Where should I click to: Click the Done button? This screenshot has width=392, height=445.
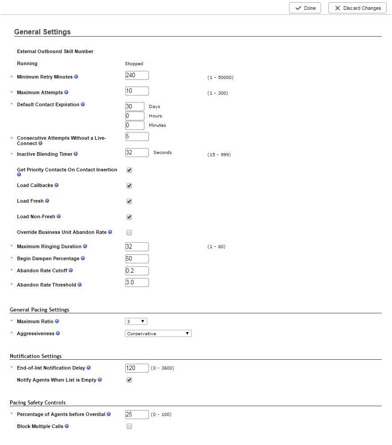(305, 8)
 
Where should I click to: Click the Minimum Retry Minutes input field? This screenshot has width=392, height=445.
(137, 75)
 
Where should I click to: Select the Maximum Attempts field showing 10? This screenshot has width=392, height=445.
(137, 91)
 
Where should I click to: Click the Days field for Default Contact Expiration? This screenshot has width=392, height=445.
(135, 107)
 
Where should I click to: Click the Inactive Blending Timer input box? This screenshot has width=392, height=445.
(137, 153)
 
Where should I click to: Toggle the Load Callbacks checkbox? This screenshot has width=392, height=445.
(129, 186)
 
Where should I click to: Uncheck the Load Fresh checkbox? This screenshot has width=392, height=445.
(129, 201)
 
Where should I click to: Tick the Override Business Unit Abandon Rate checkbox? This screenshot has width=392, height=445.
(129, 233)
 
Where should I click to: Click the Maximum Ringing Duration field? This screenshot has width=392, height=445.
(137, 247)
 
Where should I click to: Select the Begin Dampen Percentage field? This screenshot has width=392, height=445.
(137, 259)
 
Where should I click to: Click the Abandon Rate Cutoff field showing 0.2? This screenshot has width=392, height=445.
(137, 271)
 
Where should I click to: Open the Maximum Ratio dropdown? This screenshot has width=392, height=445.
(136, 321)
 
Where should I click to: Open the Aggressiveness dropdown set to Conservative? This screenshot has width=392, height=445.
(158, 333)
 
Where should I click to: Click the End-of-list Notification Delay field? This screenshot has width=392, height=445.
(137, 368)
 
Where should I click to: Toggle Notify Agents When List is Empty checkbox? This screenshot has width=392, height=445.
(129, 380)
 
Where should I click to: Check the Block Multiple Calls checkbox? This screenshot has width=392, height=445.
(129, 427)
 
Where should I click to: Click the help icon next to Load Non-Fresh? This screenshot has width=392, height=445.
(58, 216)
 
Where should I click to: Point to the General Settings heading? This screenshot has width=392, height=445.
(42, 32)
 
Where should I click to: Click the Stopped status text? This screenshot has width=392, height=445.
(134, 64)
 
